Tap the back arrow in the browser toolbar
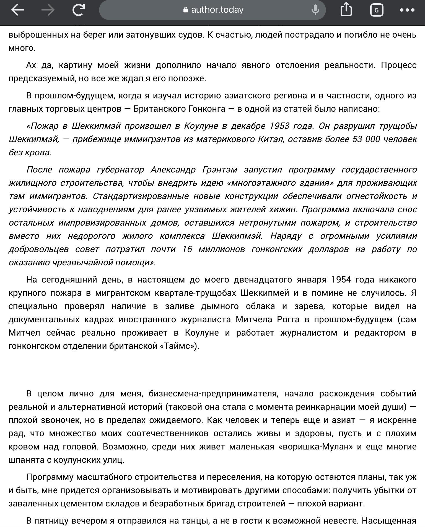[x=18, y=10]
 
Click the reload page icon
[x=78, y=10]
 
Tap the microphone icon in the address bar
[x=315, y=10]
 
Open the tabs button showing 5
[x=377, y=10]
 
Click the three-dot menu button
[x=407, y=10]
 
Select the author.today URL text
[x=217, y=10]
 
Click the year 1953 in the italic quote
[x=279, y=126]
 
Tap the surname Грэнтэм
[x=220, y=169]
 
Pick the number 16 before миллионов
[x=187, y=249]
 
